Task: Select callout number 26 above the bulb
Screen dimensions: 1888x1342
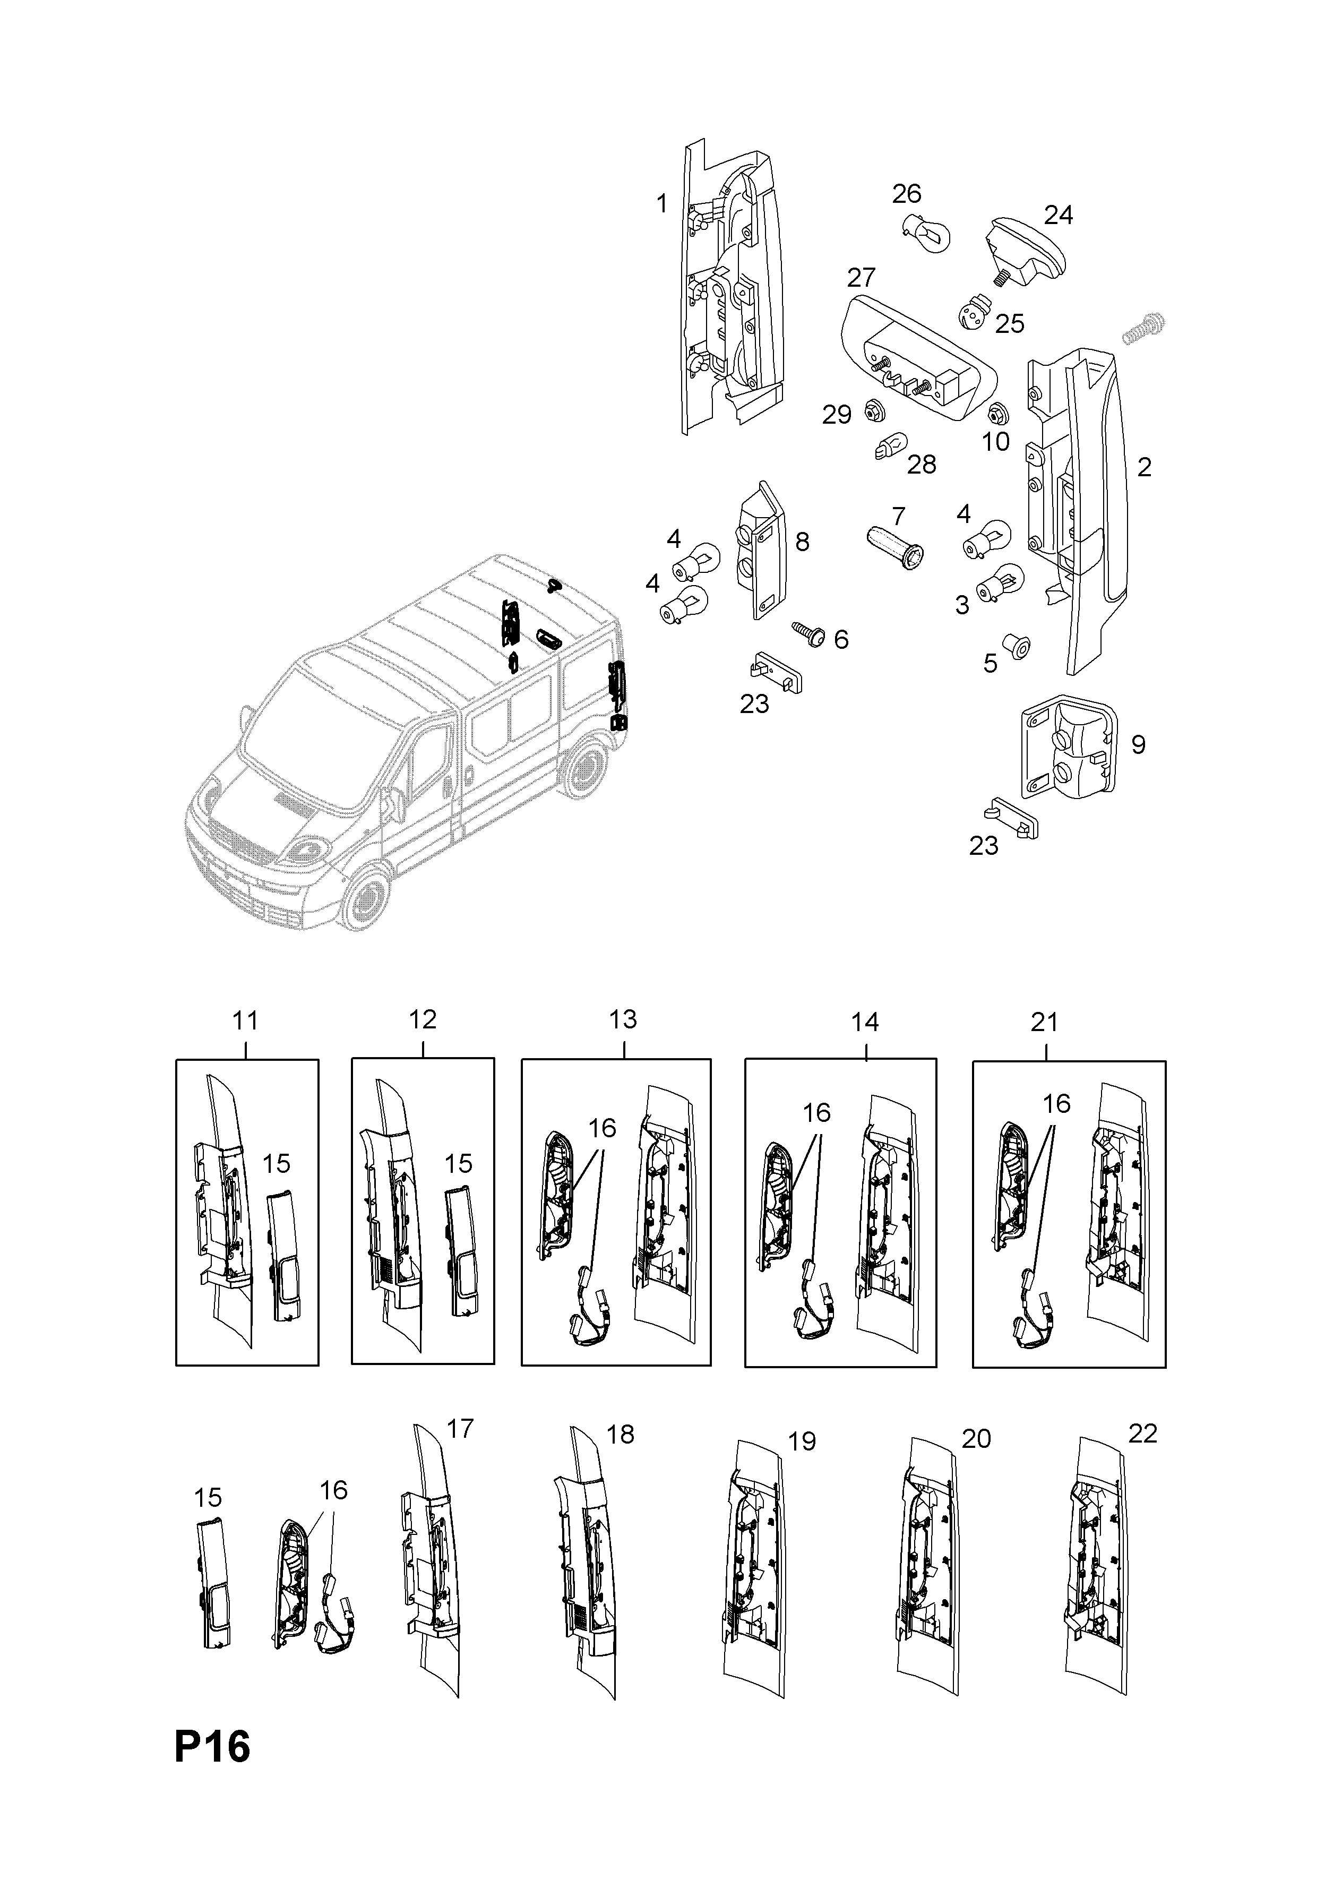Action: pos(907,194)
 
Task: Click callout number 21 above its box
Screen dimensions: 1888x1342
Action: pos(1045,1023)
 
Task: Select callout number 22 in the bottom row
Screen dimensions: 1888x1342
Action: pos(1143,1434)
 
